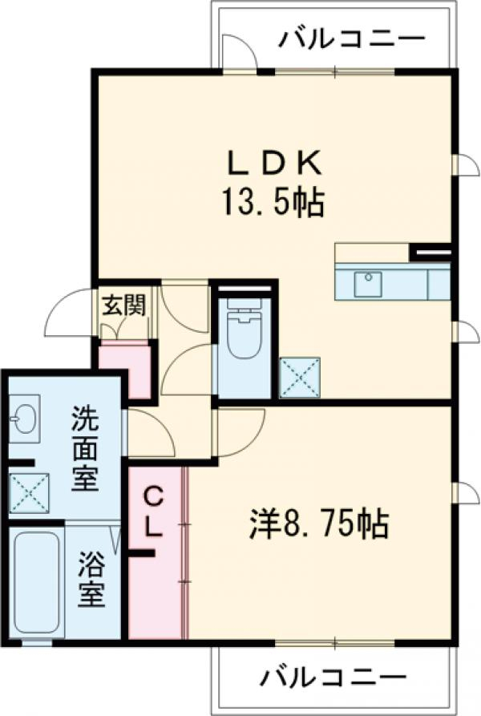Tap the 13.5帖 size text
point(268,204)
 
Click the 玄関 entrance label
point(123,305)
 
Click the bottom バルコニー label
point(331,678)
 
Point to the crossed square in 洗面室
point(29,491)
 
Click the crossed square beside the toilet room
point(300,377)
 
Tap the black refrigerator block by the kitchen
point(430,252)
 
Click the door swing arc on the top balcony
point(239,53)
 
